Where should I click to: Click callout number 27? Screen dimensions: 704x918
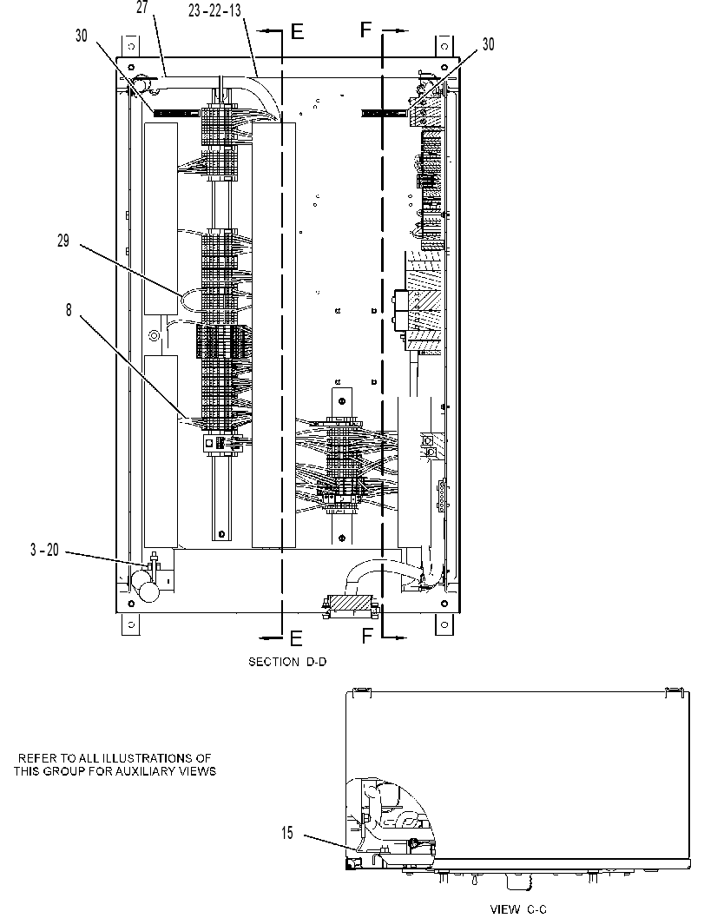tap(142, 8)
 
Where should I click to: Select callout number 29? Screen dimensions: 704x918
tap(63, 241)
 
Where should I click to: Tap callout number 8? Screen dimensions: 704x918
tap(69, 310)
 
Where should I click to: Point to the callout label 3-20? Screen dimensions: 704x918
tap(44, 550)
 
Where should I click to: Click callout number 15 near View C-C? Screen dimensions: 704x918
tap(286, 833)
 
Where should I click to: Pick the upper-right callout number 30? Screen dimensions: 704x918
tap(488, 44)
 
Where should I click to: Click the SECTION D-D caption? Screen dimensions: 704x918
tap(287, 662)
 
